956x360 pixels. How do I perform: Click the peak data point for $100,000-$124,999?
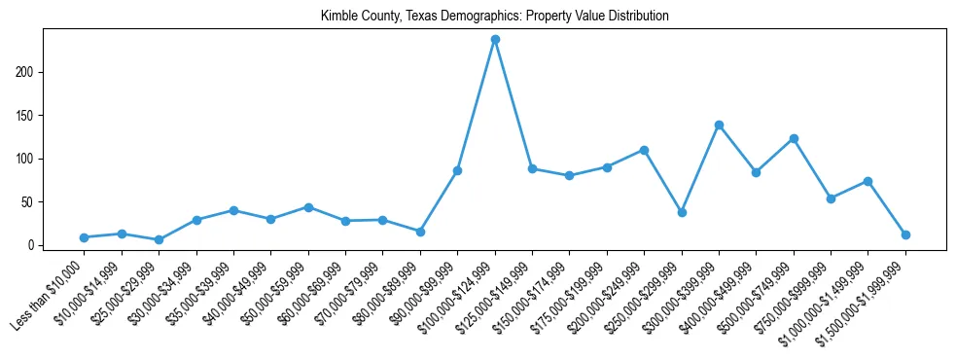pyautogui.click(x=495, y=39)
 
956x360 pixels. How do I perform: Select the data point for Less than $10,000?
pyautogui.click(x=85, y=237)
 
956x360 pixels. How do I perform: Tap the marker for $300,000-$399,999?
pyautogui.click(x=719, y=125)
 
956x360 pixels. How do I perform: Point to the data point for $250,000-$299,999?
pyautogui.click(x=682, y=212)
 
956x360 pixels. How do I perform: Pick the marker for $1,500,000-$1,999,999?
pyautogui.click(x=905, y=234)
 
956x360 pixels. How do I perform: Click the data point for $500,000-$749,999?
pyautogui.click(x=794, y=138)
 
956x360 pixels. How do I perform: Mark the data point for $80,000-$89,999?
pyautogui.click(x=420, y=232)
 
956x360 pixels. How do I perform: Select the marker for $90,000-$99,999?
pyautogui.click(x=457, y=170)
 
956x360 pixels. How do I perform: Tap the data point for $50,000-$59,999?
pyautogui.click(x=308, y=207)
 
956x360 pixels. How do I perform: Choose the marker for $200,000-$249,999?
pyautogui.click(x=644, y=150)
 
